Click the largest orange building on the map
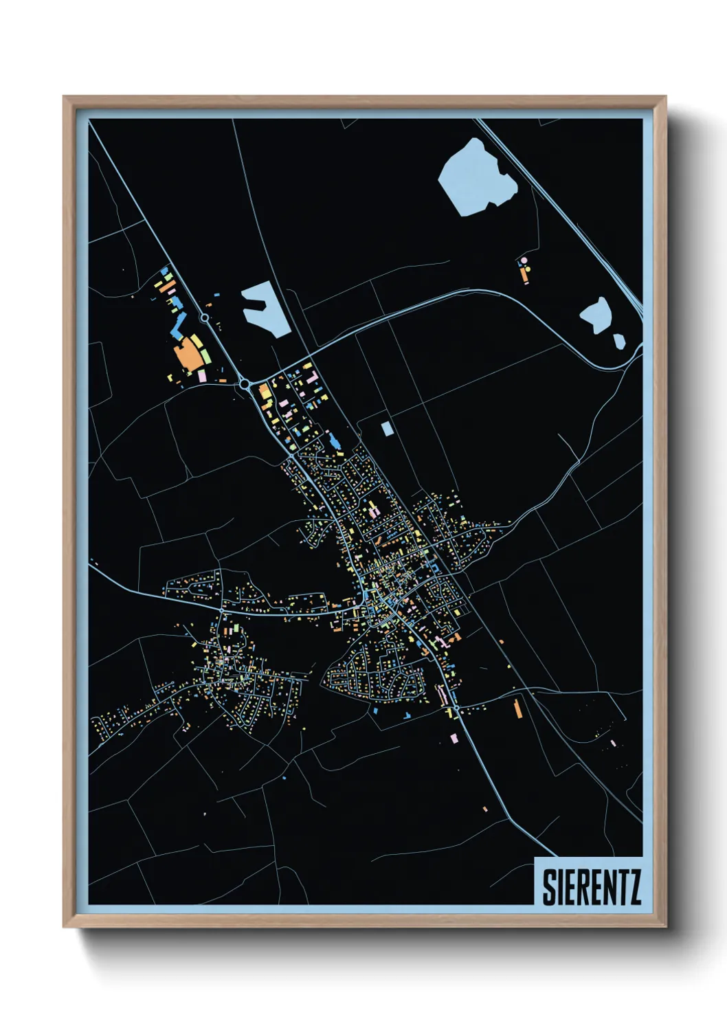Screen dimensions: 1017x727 point(186,357)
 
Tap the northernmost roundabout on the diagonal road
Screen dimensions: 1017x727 point(204,317)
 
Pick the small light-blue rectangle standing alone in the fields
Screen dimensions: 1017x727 point(387,428)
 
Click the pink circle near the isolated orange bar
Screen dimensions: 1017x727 point(524,261)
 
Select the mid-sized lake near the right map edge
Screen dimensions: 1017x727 point(597,315)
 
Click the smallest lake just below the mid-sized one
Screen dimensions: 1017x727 point(619,340)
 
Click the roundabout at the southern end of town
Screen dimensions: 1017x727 point(456,708)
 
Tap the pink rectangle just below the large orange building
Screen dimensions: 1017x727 point(202,376)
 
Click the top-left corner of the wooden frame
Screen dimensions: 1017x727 point(64,97)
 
